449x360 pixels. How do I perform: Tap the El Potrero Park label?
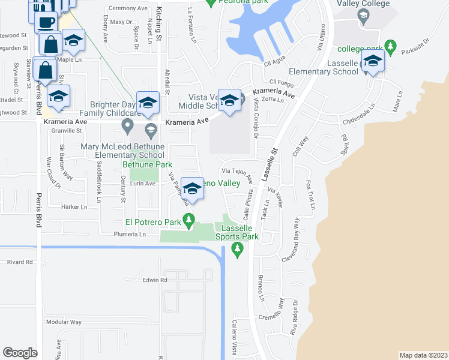[152, 222]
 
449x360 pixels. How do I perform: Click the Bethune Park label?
[147, 164]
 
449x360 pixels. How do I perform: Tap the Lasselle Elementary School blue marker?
[373, 62]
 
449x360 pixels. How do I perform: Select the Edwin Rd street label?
[154, 280]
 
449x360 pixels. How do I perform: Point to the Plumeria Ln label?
[130, 235]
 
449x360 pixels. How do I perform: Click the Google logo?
[20, 353]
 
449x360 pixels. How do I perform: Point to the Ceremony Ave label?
[127, 9]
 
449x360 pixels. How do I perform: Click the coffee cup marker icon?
[46, 22]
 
